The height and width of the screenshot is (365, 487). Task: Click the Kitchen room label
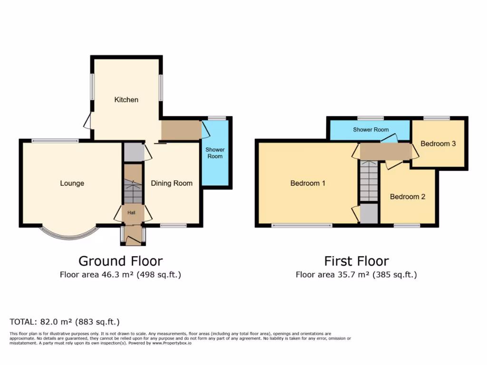126,100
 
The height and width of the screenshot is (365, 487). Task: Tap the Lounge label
72,183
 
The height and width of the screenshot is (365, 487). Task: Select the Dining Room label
172,183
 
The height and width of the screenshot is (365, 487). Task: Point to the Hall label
132,212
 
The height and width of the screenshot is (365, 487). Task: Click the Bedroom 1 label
308,183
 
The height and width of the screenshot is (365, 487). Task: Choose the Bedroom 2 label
408,197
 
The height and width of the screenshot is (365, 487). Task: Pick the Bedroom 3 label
438,144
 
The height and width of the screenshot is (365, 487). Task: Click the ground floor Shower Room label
215,153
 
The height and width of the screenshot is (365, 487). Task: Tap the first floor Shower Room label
370,130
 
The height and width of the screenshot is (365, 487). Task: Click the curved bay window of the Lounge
69,234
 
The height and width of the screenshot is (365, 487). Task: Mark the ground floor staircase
133,190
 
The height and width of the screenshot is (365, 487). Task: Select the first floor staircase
368,181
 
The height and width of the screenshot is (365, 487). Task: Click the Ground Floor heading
120,261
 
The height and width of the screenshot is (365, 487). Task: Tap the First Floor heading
356,261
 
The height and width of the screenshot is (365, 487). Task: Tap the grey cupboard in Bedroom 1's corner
369,213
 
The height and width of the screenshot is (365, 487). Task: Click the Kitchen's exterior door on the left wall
88,121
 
